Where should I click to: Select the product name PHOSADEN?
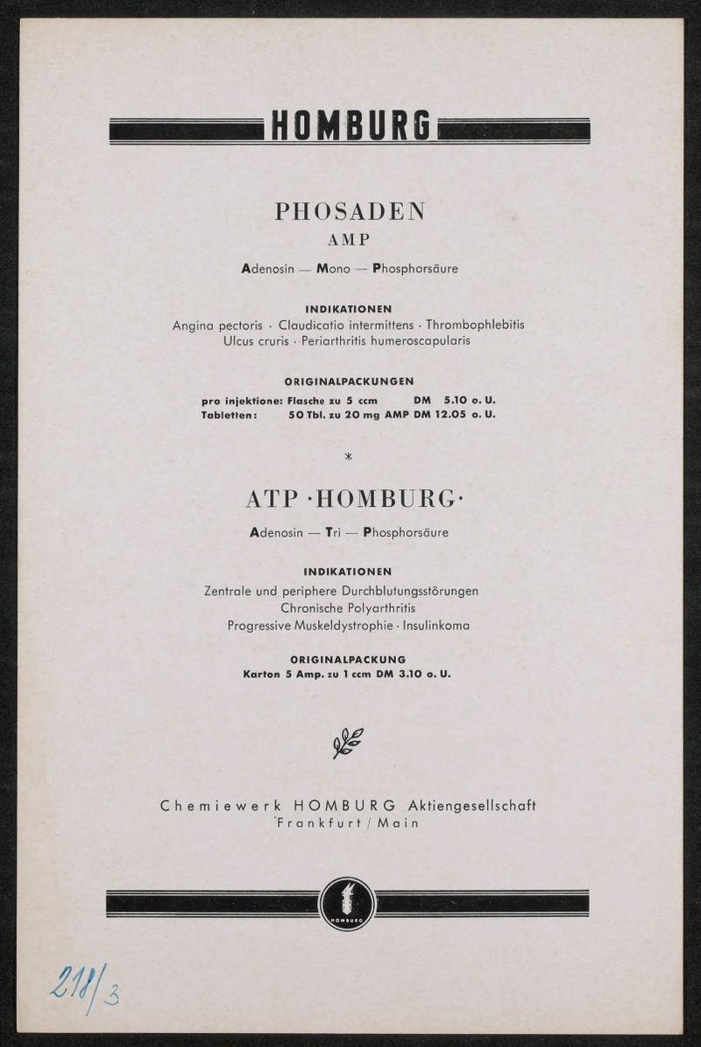[350, 211]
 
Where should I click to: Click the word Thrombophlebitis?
[475, 324]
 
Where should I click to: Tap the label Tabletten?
[229, 415]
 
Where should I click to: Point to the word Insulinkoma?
[436, 626]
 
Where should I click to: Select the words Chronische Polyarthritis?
[348, 608]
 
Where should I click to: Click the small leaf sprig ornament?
[348, 742]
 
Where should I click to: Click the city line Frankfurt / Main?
[348, 823]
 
